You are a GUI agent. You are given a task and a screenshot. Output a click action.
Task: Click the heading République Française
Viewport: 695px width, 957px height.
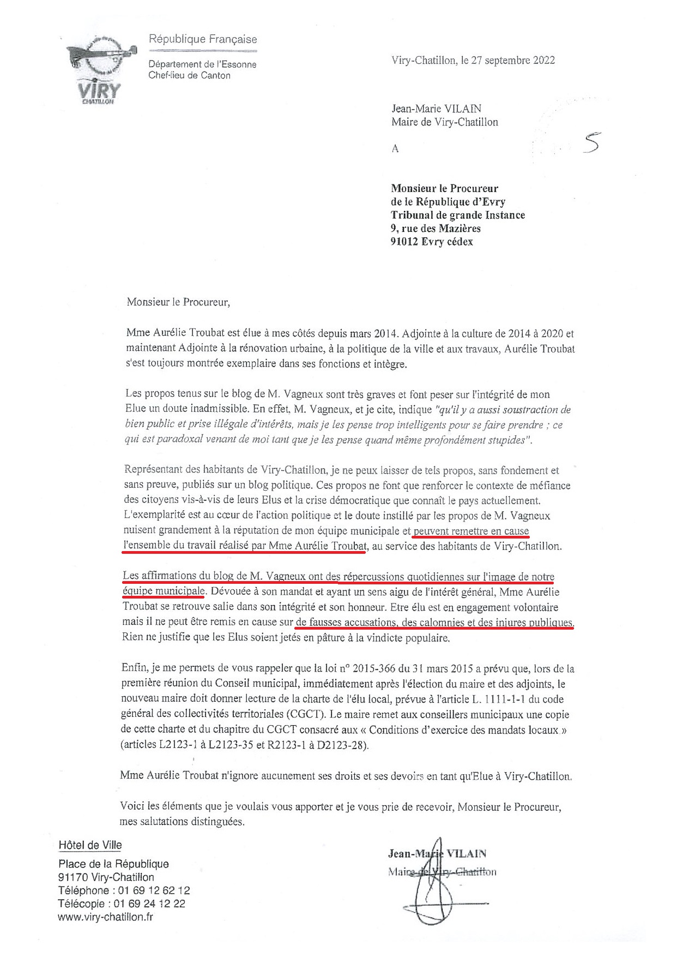click(x=203, y=39)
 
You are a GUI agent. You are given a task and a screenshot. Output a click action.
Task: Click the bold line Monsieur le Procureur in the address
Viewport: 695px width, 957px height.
click(x=444, y=189)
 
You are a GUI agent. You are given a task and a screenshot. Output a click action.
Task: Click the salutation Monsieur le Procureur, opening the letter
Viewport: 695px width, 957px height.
click(x=178, y=302)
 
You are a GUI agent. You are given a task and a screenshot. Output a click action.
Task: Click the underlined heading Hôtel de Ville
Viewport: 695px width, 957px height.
click(x=90, y=845)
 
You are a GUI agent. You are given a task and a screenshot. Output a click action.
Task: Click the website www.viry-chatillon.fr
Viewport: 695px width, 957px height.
click(x=105, y=917)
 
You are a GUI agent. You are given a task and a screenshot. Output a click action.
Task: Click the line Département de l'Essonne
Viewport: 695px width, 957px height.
click(x=202, y=64)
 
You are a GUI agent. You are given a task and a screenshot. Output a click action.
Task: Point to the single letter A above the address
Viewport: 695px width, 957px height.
click(x=395, y=148)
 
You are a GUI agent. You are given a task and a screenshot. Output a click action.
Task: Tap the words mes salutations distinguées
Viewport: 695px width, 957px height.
click(x=182, y=821)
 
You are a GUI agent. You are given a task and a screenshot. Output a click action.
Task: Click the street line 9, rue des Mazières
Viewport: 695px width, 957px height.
click(x=436, y=229)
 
